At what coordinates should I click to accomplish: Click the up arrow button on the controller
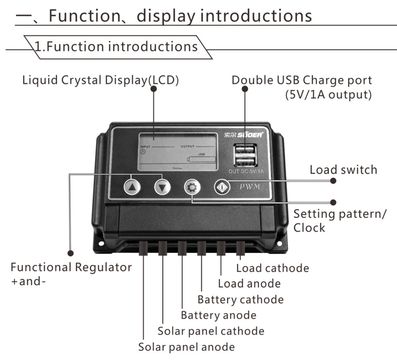pos(132,187)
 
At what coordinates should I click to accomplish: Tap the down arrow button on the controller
pos(162,187)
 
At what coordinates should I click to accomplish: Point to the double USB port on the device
pos(245,154)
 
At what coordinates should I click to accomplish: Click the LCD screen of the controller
pos(178,152)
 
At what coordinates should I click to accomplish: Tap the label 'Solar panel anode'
pos(186,347)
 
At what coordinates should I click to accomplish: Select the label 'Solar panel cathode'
pos(211,331)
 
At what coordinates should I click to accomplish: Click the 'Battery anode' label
pos(218,315)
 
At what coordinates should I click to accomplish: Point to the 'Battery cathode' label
pos(240,299)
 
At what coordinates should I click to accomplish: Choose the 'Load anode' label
pos(249,283)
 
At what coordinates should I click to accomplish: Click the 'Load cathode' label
pos(272,268)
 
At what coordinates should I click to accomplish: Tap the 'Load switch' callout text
pos(343,170)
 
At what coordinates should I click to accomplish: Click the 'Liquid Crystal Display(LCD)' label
pos(100,80)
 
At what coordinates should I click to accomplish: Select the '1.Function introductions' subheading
pos(115,46)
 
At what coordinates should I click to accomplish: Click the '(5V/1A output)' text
pos(328,95)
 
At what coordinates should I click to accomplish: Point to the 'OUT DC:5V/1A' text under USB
pos(245,171)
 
